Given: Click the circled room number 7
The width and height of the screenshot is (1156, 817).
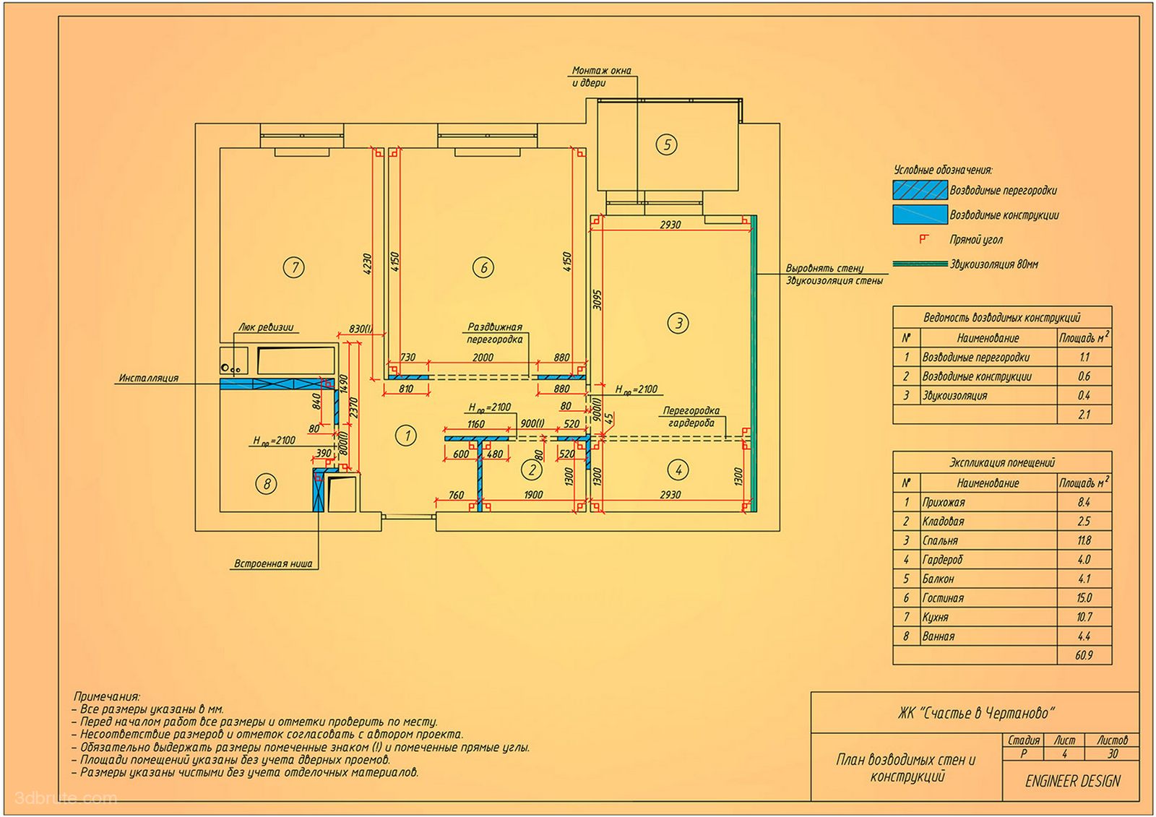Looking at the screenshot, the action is tap(293, 267).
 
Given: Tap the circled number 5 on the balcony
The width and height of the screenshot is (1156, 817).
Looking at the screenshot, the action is tap(666, 144).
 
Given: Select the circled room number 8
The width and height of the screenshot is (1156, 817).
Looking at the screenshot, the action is tap(267, 484).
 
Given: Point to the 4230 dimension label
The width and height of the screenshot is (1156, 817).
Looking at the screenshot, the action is tap(367, 263).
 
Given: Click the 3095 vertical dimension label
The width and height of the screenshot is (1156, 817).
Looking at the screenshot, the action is tap(597, 300).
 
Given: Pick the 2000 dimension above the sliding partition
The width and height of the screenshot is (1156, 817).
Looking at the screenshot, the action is tap(483, 357).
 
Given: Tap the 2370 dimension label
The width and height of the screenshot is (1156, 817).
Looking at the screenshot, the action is tap(353, 407).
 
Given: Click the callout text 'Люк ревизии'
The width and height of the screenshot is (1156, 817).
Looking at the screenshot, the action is tap(266, 327).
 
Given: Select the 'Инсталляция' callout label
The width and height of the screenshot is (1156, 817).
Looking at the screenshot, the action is tap(149, 378).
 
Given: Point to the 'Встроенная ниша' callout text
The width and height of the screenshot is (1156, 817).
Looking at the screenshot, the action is tap(273, 563).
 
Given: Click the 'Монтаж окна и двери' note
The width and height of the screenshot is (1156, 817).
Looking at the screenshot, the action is tap(601, 77).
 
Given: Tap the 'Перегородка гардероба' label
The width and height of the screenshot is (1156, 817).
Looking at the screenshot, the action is tap(691, 417).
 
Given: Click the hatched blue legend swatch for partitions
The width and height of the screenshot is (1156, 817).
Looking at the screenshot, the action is tap(920, 190).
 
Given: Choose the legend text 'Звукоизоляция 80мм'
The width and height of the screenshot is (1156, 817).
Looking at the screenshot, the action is tap(994, 264).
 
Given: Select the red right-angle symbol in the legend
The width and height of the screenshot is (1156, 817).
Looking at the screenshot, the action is tap(924, 239).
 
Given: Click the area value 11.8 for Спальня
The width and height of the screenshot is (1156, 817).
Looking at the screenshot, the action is tap(1084, 540).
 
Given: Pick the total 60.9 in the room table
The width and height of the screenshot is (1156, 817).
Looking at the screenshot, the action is tap(1084, 655).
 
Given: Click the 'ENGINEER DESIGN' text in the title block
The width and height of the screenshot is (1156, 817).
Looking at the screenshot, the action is tap(1073, 782).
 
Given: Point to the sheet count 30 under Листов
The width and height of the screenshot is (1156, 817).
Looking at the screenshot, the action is tap(1112, 753).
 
